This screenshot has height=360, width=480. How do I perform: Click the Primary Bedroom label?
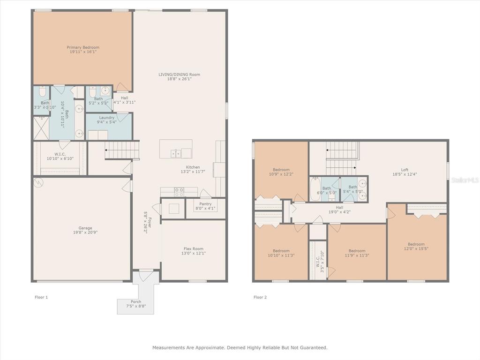click(x=83, y=47)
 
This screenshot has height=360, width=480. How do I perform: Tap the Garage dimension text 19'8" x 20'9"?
click(x=85, y=232)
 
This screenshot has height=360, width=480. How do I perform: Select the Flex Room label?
click(x=194, y=249)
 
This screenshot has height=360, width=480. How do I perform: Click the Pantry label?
click(x=205, y=204)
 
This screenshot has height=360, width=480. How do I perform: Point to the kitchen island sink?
click(x=176, y=153)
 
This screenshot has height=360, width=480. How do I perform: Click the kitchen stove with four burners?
click(x=179, y=192)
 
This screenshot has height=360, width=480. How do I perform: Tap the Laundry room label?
click(x=106, y=118)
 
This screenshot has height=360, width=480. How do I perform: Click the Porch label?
click(x=136, y=301)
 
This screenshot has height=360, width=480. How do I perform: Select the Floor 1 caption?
click(x=41, y=297)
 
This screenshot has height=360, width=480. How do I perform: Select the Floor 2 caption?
click(x=260, y=297)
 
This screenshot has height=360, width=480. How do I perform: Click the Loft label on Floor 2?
click(x=405, y=170)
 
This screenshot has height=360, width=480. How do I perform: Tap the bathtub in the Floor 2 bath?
click(x=315, y=189)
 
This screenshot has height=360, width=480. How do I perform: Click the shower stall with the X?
click(x=41, y=127)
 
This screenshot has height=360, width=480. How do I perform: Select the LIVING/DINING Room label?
click(x=180, y=75)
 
